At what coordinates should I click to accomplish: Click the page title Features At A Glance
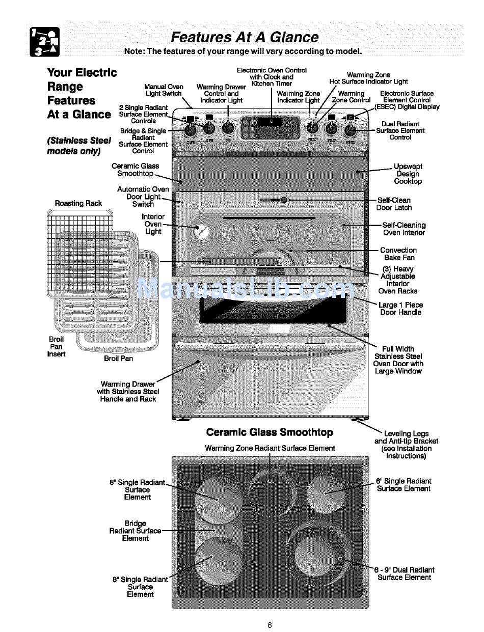(245, 37)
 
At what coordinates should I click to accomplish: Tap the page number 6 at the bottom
(270, 625)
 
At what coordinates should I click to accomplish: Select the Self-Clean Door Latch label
(394, 204)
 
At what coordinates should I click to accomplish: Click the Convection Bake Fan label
(398, 254)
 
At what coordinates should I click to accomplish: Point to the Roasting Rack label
(78, 203)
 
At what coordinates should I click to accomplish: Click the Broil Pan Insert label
(57, 346)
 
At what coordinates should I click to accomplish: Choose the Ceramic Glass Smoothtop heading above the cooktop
(270, 432)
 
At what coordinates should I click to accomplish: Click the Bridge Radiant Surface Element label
(135, 531)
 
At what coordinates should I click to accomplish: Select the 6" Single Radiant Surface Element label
(404, 485)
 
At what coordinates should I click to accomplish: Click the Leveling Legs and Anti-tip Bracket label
(406, 445)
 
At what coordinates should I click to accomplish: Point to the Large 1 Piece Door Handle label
(400, 309)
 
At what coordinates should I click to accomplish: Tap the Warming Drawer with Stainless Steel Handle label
(128, 392)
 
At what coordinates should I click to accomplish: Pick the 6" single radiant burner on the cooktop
(326, 492)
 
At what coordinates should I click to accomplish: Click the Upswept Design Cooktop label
(408, 174)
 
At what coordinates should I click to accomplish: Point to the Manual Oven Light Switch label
(164, 90)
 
